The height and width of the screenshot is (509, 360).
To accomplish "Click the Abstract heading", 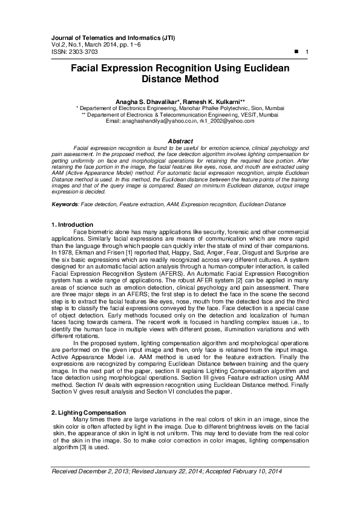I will [180, 141].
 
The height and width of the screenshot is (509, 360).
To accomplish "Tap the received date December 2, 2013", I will [102, 472].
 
